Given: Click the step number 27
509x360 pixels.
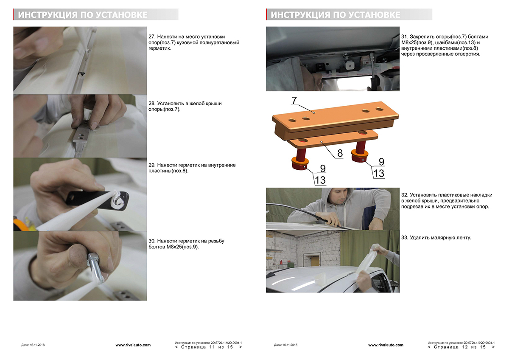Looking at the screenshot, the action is pos(151,37).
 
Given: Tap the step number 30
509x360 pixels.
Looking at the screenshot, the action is pos(151,241).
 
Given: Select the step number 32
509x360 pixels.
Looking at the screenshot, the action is pos(404,195).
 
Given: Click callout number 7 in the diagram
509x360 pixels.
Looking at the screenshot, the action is pos(294,100).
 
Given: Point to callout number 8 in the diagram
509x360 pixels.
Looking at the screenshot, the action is pos(340,153).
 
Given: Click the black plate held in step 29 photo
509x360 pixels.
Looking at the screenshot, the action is pos(97,200).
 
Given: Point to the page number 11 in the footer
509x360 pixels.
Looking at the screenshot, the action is pos(212,347).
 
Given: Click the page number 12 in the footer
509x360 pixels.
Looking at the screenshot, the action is pos(465,347).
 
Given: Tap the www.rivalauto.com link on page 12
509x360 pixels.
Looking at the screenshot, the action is pos(386,345).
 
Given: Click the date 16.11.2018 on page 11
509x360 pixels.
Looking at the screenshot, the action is pos(37,345).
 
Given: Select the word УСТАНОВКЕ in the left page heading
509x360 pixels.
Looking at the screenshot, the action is pos(122,15).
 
